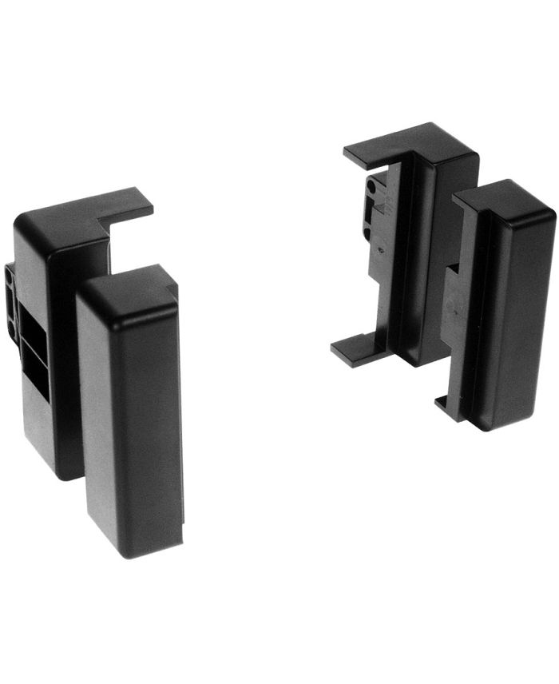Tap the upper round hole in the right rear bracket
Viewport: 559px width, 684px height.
(371, 189)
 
